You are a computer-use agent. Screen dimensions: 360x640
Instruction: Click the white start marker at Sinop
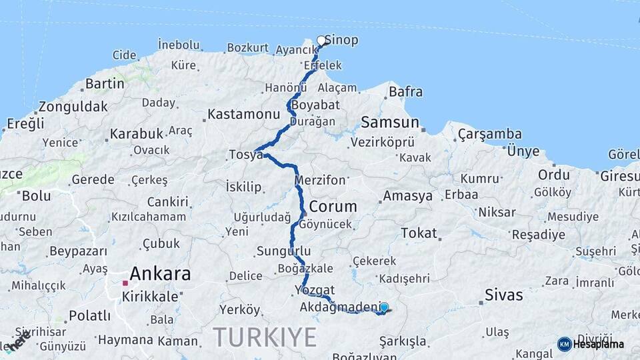click(321, 41)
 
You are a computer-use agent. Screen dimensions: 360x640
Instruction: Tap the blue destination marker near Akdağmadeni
click(384, 307)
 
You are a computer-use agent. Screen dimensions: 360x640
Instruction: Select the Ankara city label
click(160, 273)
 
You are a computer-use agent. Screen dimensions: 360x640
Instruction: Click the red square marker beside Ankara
click(125, 283)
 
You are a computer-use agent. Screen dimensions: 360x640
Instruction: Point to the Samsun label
click(390, 123)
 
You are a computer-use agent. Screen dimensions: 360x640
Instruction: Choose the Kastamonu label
click(242, 115)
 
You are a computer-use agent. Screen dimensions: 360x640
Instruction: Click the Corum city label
click(333, 206)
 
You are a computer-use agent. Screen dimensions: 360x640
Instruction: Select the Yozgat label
click(317, 291)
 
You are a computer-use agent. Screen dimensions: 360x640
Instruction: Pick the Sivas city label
click(504, 294)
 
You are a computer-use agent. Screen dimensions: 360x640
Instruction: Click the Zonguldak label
click(73, 107)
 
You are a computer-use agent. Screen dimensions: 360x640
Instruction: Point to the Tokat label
click(419, 233)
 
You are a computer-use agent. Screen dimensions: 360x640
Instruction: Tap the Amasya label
click(407, 196)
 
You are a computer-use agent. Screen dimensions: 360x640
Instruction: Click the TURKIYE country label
click(265, 337)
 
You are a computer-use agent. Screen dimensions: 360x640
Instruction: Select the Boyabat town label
click(317, 105)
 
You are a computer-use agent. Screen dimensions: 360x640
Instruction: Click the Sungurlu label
click(283, 251)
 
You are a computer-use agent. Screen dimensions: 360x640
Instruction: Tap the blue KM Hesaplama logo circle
click(565, 344)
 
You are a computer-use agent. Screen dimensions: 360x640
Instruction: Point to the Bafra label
click(405, 92)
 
